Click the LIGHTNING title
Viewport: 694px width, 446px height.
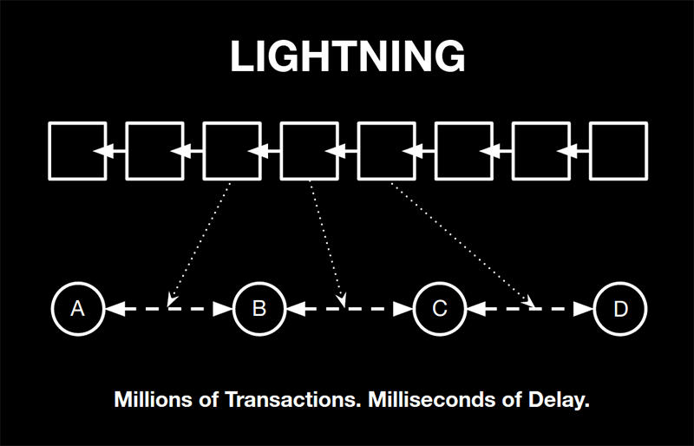point(348,56)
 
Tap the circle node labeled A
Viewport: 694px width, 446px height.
point(78,309)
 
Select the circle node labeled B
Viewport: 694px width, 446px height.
point(259,309)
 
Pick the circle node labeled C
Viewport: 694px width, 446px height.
point(440,309)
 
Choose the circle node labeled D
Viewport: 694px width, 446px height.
point(620,309)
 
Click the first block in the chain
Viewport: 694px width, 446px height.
point(77,151)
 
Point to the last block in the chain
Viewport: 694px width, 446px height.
point(619,151)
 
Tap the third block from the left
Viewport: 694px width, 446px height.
point(232,151)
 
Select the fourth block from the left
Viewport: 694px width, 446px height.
point(310,151)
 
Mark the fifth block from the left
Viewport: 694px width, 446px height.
point(387,151)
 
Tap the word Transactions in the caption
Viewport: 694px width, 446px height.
point(291,399)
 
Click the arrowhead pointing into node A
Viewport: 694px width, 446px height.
point(115,309)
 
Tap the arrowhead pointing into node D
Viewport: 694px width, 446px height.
point(583,309)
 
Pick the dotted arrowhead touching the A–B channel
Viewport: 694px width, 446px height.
point(172,301)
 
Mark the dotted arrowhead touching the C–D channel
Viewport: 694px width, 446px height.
point(528,301)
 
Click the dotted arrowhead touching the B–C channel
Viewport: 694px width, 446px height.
point(341,301)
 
